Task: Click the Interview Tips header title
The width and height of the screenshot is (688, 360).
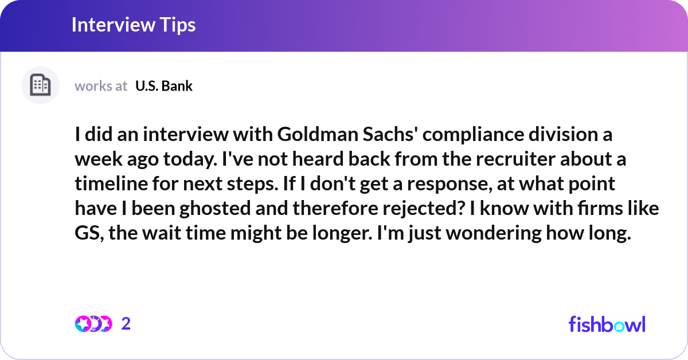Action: click(134, 25)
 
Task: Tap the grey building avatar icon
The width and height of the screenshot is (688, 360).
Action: click(40, 85)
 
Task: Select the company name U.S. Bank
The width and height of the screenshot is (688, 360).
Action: click(164, 86)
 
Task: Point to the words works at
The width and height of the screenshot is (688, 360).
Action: click(101, 86)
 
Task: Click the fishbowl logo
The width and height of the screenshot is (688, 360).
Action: click(607, 324)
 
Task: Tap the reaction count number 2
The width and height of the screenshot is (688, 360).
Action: click(126, 324)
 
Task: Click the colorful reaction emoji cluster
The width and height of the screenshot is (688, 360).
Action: click(93, 324)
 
